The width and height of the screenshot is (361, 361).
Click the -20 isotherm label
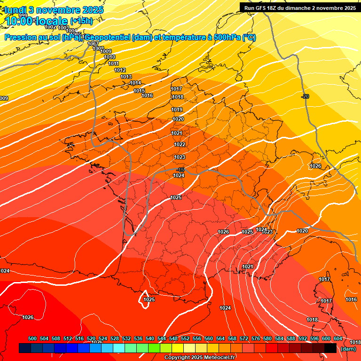[x=305, y=96]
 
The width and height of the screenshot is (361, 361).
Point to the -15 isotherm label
[x=181, y=170]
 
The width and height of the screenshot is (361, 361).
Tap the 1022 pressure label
[x=180, y=144]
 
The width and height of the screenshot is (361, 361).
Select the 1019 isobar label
[x=177, y=110]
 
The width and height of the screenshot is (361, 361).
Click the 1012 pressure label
[x=120, y=70]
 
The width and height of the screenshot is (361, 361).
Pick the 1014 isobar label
[x=135, y=83]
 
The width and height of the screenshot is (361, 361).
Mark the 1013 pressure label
[x=126, y=77]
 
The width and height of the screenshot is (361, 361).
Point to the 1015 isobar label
[x=139, y=91]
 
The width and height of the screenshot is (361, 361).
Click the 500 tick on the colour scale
[x=32, y=338]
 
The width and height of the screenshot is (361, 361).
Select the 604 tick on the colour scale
[x=338, y=338]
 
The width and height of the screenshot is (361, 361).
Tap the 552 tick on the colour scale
[x=185, y=338]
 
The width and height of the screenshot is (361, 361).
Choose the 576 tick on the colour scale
[x=256, y=338]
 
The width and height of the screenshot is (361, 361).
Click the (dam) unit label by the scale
[x=348, y=349]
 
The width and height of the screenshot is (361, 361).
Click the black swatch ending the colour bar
[x=330, y=348]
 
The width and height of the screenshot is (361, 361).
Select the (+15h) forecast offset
[x=81, y=21]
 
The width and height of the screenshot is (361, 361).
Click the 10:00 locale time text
[x=37, y=21]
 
